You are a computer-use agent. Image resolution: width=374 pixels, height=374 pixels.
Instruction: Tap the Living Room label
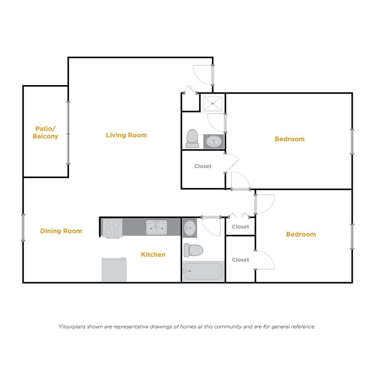(x=126, y=135)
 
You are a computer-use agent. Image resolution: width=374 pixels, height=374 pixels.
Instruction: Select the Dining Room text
(x=61, y=231)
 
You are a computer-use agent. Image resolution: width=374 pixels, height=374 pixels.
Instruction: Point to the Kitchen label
(x=153, y=254)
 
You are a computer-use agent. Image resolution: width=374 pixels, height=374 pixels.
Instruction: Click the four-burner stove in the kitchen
(x=112, y=228)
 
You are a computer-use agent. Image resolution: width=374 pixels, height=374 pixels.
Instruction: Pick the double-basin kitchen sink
(x=156, y=228)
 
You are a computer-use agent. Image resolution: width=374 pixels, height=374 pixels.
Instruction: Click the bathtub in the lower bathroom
(x=203, y=271)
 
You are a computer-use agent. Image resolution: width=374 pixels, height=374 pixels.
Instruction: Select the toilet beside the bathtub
(x=193, y=250)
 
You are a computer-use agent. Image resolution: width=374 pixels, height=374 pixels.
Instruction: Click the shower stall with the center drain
(x=214, y=103)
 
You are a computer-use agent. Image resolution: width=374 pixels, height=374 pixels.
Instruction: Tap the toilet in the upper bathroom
(x=192, y=138)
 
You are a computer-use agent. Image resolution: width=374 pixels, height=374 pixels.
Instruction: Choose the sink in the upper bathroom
(x=214, y=141)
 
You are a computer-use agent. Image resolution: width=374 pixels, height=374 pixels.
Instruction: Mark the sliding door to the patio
(x=68, y=132)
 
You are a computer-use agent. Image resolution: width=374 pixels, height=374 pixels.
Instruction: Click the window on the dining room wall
(x=23, y=228)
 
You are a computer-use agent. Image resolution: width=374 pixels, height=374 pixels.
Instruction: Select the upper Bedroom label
(x=289, y=139)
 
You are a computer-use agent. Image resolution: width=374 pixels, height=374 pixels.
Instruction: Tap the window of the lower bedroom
(x=352, y=236)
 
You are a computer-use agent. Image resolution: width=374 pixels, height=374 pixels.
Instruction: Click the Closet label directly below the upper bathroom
(x=203, y=166)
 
